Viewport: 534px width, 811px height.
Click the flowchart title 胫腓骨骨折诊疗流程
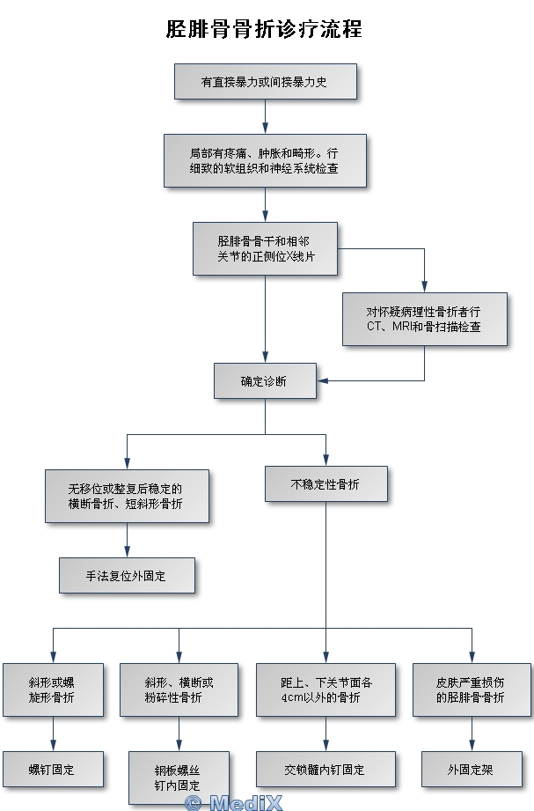click(264, 29)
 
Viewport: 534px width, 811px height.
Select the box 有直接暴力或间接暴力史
click(266, 82)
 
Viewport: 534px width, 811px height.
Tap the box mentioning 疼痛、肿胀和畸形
click(265, 159)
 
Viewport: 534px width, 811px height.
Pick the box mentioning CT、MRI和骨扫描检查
click(424, 319)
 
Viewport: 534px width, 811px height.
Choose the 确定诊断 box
click(265, 381)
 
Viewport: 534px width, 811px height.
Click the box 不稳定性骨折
click(326, 484)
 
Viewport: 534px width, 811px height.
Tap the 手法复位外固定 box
click(127, 575)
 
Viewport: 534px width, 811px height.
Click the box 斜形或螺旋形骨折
click(53, 689)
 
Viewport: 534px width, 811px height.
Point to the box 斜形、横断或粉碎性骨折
click(179, 689)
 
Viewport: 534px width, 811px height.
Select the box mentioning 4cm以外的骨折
click(326, 689)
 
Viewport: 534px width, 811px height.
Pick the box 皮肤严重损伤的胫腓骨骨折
click(472, 689)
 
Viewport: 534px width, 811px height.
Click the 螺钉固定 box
click(53, 769)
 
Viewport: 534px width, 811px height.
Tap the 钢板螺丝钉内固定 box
click(179, 777)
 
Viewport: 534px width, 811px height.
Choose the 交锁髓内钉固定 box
click(326, 769)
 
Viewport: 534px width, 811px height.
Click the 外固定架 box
click(472, 769)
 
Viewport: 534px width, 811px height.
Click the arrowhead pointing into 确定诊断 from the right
click(323, 380)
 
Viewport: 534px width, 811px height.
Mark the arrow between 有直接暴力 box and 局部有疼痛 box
click(265, 116)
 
